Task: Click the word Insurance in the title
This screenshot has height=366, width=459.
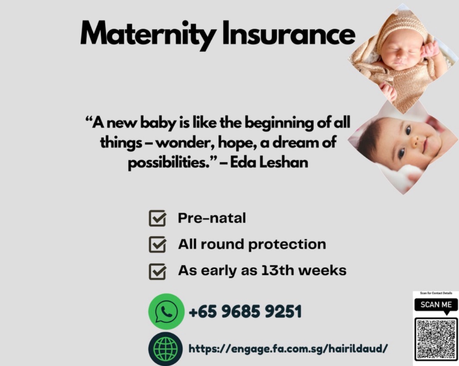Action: click(289, 34)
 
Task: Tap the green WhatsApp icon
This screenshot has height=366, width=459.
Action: click(166, 312)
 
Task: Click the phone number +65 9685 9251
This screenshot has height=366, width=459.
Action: click(245, 312)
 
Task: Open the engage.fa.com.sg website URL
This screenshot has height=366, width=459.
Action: click(288, 349)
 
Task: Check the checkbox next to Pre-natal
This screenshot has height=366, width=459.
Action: click(157, 219)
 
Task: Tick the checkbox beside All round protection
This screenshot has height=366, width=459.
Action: click(157, 245)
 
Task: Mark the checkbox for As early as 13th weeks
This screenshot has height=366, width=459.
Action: click(157, 271)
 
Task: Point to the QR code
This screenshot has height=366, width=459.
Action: click(436, 338)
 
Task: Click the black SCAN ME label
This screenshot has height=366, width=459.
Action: click(436, 305)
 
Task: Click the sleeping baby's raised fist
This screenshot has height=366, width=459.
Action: click(429, 49)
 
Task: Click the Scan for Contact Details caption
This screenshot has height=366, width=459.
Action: click(436, 293)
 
